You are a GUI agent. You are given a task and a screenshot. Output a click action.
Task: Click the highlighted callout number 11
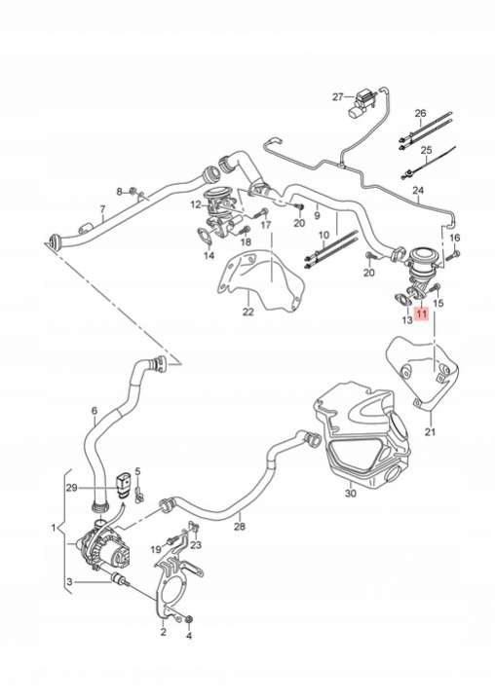point(422,314)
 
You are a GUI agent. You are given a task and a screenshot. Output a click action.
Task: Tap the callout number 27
point(338,97)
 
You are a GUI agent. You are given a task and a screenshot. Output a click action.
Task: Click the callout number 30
point(351,493)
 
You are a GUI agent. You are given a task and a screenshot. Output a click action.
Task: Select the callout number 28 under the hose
point(240,527)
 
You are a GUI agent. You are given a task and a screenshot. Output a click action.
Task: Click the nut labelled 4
point(188,619)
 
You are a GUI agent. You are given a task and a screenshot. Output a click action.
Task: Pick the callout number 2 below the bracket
point(163,632)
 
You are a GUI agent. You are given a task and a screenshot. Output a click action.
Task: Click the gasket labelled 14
point(204,235)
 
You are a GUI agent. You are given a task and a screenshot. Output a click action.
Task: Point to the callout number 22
point(247,312)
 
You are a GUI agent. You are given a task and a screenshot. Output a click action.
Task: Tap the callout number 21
point(431,431)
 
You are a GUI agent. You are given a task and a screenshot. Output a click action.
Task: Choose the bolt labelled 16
point(455,254)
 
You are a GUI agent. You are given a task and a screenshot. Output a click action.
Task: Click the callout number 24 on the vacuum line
point(418,191)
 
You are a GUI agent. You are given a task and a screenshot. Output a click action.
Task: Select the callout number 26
point(420,113)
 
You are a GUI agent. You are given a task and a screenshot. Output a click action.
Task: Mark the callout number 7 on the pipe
point(102,209)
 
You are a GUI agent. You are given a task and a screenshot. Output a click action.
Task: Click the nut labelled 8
point(133,192)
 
